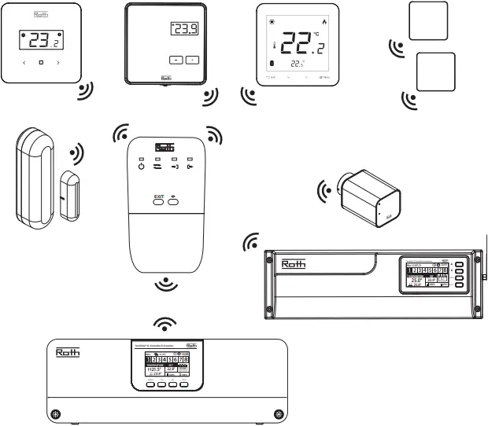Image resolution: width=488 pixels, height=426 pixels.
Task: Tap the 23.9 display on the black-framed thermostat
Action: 184,30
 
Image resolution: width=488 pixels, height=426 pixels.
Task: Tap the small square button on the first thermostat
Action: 40,62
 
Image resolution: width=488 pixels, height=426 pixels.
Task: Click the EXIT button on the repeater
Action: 158,200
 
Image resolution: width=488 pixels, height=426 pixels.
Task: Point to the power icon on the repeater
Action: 141,167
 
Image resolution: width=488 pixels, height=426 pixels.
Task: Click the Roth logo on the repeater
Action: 164,146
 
